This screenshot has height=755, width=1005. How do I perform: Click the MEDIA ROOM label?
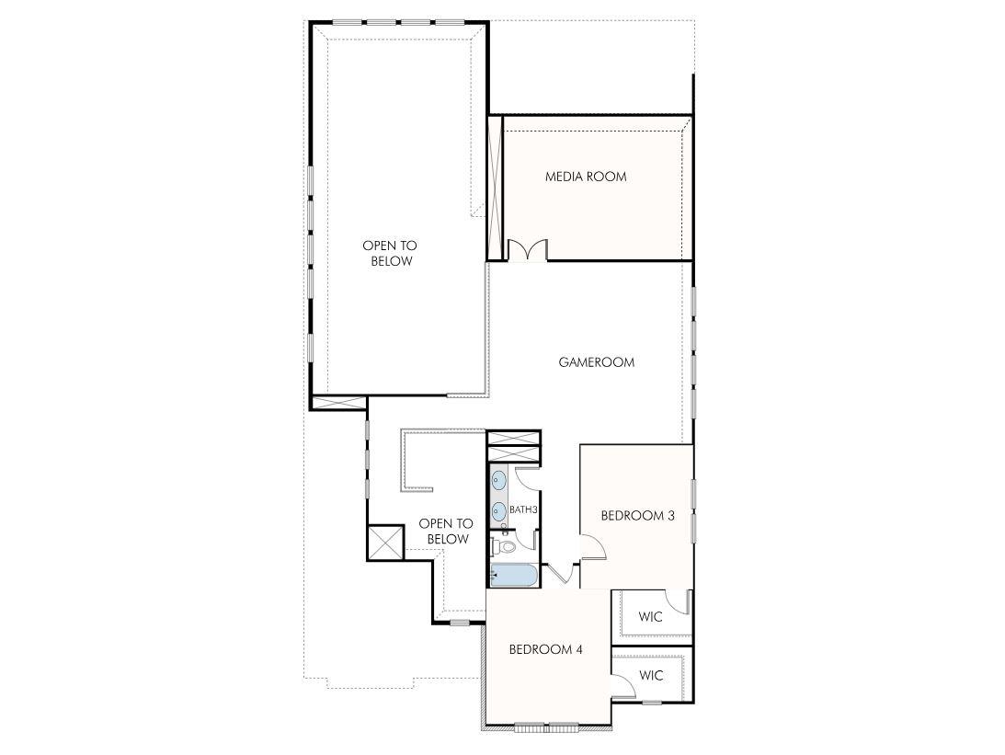point(586,177)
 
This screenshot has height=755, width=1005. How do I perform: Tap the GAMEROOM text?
point(596,362)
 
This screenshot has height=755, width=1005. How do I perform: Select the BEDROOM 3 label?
point(637,516)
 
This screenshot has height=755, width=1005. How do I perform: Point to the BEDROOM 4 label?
point(546,649)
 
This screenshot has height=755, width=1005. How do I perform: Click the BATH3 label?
point(523,509)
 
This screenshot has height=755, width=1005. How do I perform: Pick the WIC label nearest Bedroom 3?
point(650,617)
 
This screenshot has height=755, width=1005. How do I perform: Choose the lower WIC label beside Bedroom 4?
point(651,676)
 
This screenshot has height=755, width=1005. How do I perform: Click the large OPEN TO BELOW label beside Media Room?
point(389,253)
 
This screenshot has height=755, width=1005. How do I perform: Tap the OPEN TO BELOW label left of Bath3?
point(446,532)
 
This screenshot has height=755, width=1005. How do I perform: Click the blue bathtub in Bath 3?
point(514,576)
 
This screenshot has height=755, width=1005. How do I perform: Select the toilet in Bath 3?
point(502,546)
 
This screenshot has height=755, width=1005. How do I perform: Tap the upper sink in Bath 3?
point(498,479)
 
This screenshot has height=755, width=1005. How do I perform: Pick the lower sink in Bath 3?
point(498,509)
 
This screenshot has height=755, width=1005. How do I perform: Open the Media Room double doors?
point(527,249)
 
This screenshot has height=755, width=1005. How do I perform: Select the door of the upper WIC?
point(679,601)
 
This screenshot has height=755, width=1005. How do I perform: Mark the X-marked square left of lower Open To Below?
point(385,542)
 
